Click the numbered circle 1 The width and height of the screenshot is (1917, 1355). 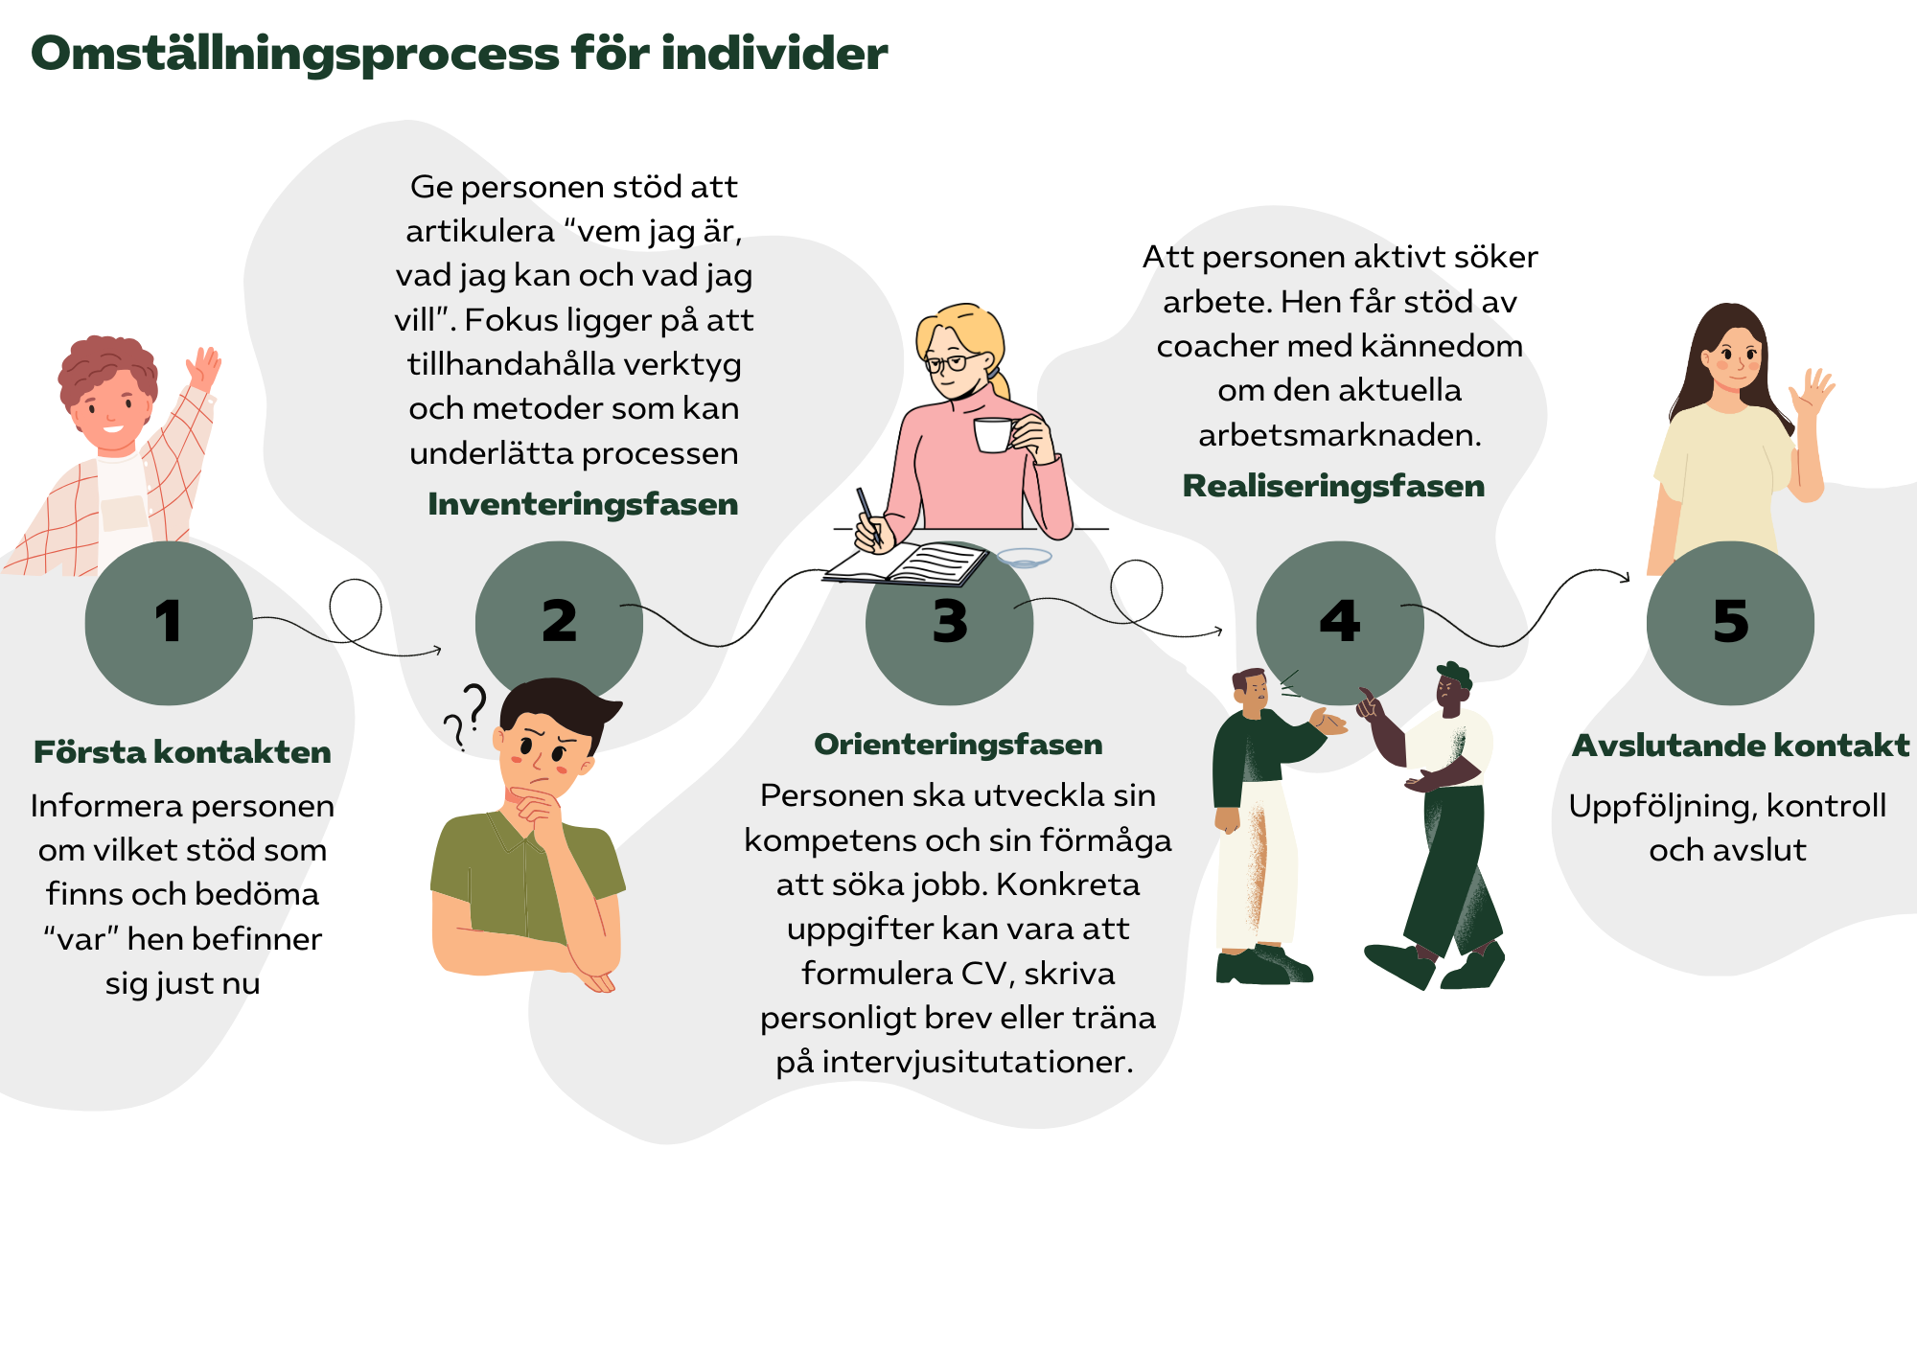[x=169, y=622]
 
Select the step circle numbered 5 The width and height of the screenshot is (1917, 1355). [x=1730, y=622]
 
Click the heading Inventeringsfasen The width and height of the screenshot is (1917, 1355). [x=583, y=504]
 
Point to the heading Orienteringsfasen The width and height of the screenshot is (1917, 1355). [x=958, y=745]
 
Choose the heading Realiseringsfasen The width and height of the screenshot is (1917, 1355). [x=1333, y=486]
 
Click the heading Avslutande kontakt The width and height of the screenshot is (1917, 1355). [x=1741, y=746]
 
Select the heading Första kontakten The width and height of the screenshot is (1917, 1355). [x=182, y=752]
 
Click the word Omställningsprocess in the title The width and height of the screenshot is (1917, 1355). [x=295, y=54]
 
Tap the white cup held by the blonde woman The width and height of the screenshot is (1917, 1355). [x=993, y=434]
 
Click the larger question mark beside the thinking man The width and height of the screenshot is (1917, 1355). [x=473, y=706]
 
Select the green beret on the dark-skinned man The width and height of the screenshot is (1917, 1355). [x=1455, y=673]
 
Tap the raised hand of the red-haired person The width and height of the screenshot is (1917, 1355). [x=204, y=367]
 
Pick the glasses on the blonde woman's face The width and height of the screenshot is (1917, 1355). [x=947, y=363]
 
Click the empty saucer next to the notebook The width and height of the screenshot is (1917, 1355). [x=1024, y=558]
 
